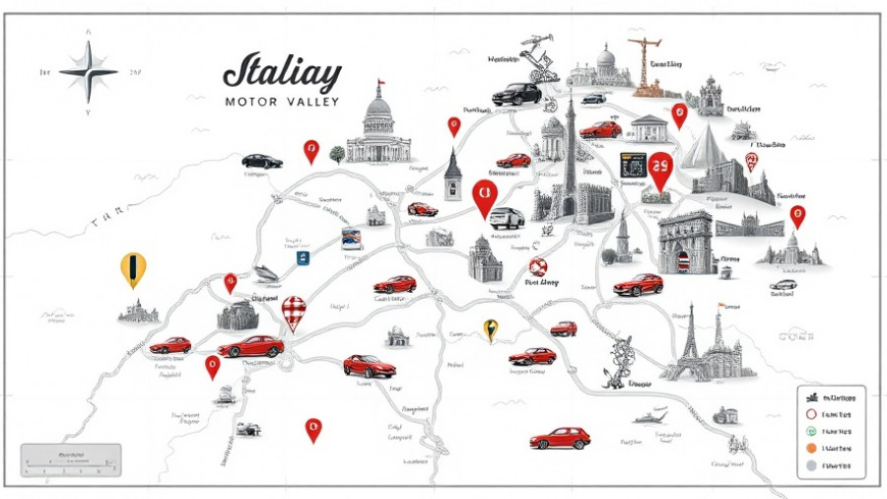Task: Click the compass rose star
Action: pyautogui.click(x=88, y=72)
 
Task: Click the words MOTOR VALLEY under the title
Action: pyautogui.click(x=282, y=102)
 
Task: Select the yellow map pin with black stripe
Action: pyautogui.click(x=133, y=268)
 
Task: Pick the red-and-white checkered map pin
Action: pyautogui.click(x=294, y=313)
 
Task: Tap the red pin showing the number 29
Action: pyautogui.click(x=660, y=170)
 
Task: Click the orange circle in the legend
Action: pyautogui.click(x=811, y=447)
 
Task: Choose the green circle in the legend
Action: pyautogui.click(x=811, y=430)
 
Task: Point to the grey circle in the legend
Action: pyautogui.click(x=811, y=464)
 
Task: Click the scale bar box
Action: pyautogui.click(x=71, y=461)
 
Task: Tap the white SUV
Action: pyautogui.click(x=508, y=218)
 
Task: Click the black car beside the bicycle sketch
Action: pyautogui.click(x=517, y=94)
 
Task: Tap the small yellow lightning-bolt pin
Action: pyautogui.click(x=490, y=328)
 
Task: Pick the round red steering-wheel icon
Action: pyautogui.click(x=537, y=266)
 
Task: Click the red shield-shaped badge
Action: pyautogui.click(x=752, y=162)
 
